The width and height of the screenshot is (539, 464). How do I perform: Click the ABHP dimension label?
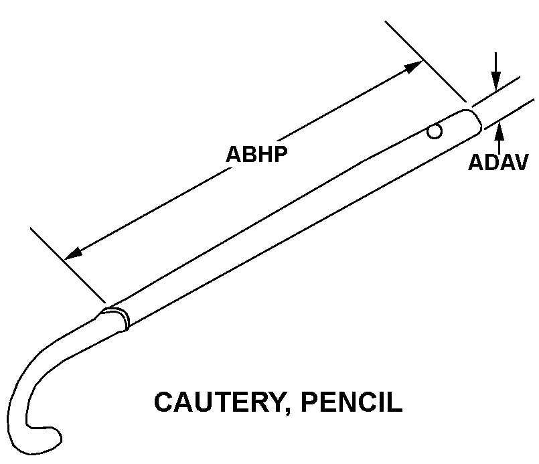click(256, 154)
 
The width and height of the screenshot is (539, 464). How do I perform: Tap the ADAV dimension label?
click(498, 163)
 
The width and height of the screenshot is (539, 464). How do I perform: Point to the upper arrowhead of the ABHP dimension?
click(415, 66)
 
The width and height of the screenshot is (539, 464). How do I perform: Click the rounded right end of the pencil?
click(475, 119)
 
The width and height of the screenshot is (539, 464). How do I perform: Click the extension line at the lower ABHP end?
click(67, 264)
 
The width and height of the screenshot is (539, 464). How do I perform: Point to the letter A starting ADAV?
click(475, 163)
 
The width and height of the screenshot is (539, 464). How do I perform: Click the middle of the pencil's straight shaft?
click(295, 218)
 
